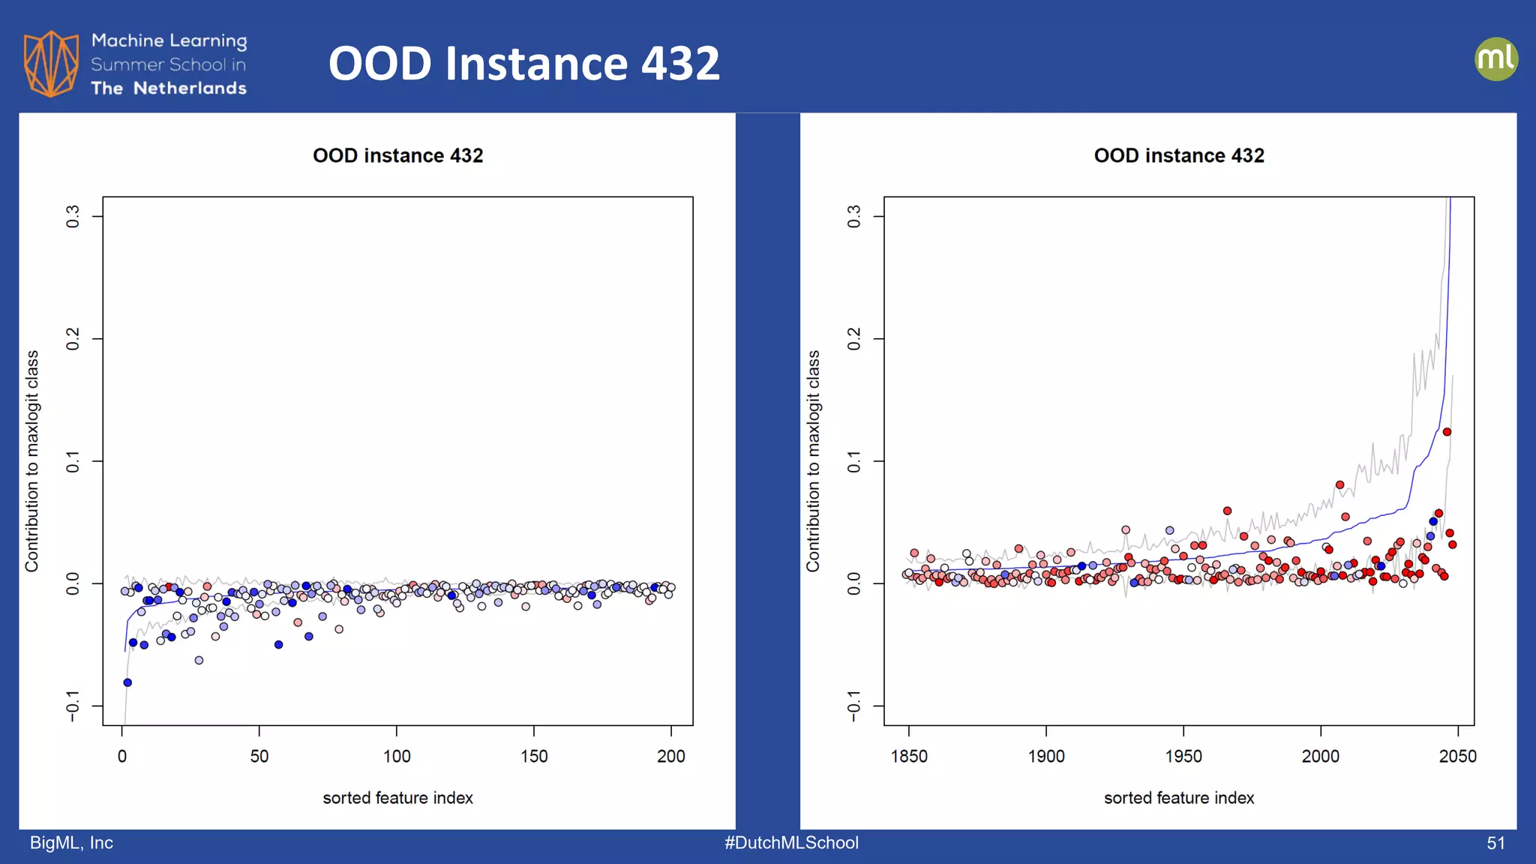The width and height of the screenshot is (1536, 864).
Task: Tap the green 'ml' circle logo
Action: click(x=1495, y=59)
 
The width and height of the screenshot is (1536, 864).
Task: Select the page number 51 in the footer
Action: click(x=1495, y=843)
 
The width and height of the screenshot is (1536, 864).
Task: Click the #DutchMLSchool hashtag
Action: click(x=791, y=843)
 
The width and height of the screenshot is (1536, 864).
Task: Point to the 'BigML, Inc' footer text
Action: click(x=71, y=843)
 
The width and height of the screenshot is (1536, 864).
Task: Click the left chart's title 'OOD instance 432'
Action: click(x=397, y=155)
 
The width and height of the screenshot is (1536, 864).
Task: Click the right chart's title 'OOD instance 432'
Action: click(x=1178, y=155)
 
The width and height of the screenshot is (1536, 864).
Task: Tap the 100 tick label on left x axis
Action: click(x=396, y=756)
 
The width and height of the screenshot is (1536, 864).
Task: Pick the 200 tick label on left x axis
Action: click(x=670, y=756)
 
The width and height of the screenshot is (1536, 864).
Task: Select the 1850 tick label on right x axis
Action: click(x=909, y=756)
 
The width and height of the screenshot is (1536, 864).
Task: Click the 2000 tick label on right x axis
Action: click(x=1320, y=756)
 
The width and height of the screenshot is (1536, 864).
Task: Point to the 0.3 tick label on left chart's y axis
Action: click(x=73, y=217)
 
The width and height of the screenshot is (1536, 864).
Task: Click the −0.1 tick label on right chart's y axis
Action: click(x=854, y=706)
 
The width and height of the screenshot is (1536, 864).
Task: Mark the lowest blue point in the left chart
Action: click(x=127, y=682)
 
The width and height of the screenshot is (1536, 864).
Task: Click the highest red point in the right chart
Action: click(x=1447, y=432)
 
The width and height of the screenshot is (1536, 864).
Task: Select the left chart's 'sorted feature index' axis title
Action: click(x=397, y=798)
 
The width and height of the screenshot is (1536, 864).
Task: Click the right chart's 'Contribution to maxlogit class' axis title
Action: click(x=813, y=460)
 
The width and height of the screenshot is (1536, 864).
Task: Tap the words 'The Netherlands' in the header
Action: click(x=169, y=88)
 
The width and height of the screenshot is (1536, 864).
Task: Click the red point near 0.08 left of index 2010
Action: click(x=1339, y=484)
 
